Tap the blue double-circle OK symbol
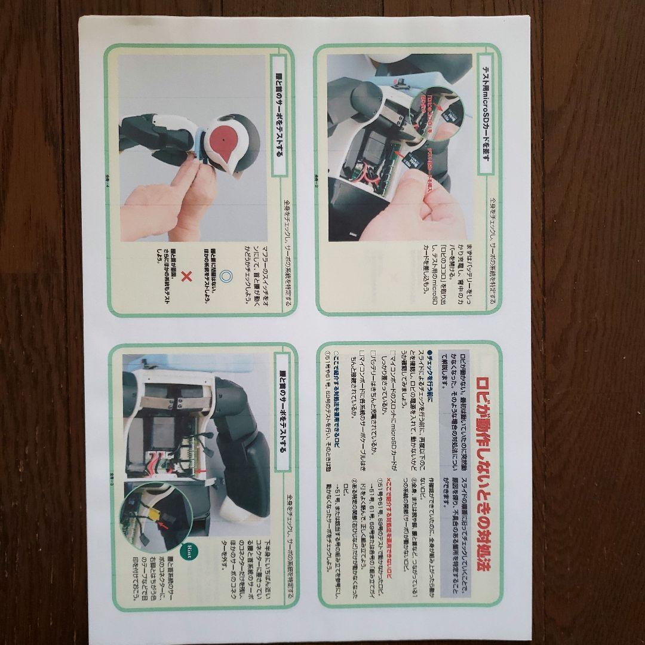225,277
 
